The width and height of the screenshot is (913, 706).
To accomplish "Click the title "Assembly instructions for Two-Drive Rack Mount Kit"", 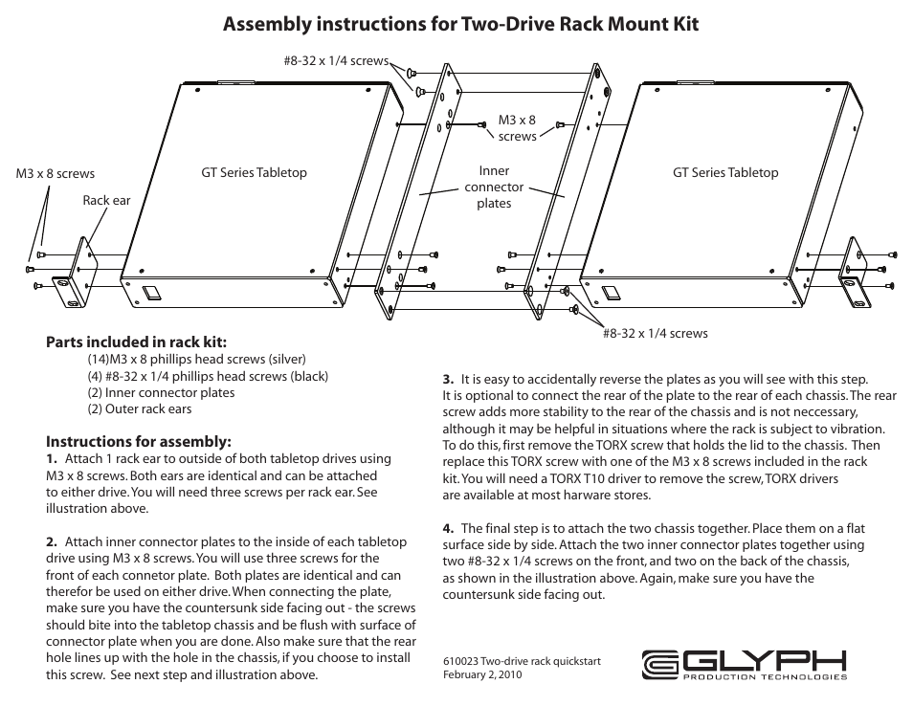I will point(460,24).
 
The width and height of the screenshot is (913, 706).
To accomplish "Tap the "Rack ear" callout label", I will point(106,201).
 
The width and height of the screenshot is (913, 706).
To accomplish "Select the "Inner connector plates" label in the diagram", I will point(494,188).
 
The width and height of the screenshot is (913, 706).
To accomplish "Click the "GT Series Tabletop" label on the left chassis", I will point(254,173).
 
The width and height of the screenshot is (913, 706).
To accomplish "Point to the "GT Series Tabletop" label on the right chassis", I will point(725,173).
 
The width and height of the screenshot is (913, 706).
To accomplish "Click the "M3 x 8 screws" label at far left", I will point(56,174).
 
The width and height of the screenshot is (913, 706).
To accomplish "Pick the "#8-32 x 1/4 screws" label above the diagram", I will point(336,61).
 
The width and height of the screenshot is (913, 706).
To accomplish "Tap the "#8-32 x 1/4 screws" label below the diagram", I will point(656,333).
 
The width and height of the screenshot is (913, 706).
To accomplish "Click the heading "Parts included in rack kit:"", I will point(137,342).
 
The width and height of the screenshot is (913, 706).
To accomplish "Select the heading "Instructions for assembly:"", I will point(139,441).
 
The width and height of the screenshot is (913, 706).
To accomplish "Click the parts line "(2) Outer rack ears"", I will point(140,409).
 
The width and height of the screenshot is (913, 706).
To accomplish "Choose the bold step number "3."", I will point(448,379).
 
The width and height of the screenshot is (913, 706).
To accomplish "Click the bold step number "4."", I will point(448,528).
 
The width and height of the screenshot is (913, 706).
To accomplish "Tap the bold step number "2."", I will point(52,542).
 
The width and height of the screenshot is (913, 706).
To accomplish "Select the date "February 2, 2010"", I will point(482,674).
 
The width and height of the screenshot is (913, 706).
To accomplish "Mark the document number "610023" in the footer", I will point(460,661).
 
